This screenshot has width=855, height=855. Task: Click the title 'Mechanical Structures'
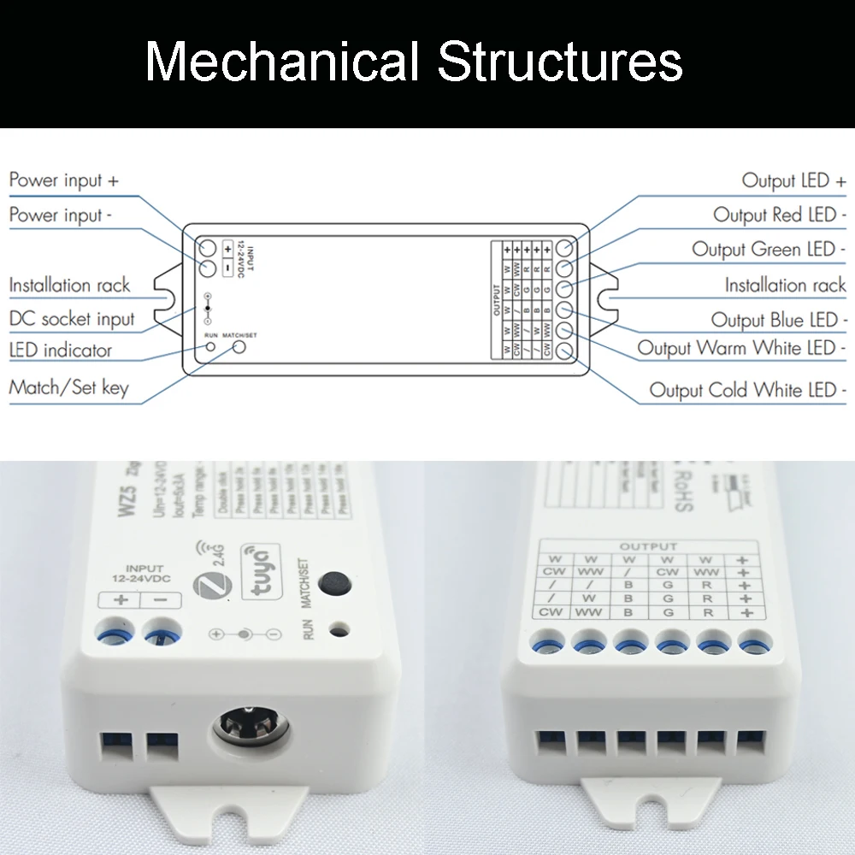point(414,62)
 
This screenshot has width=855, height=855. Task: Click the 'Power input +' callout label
point(64,180)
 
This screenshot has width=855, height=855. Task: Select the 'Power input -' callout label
point(61,215)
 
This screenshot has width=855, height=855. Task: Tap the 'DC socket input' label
point(72,320)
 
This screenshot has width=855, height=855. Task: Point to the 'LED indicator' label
point(61,351)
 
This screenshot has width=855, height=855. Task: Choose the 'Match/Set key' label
point(68,387)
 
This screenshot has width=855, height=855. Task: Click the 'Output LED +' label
point(793,180)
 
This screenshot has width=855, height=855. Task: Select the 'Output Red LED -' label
point(779,215)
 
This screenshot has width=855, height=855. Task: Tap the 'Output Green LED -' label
point(769,250)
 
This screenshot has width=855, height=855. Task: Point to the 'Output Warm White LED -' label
point(741,349)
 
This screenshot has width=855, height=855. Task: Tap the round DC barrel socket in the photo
point(250,725)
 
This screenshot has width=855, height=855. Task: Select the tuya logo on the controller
point(259,562)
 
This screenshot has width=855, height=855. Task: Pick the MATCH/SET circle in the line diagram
point(240,348)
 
